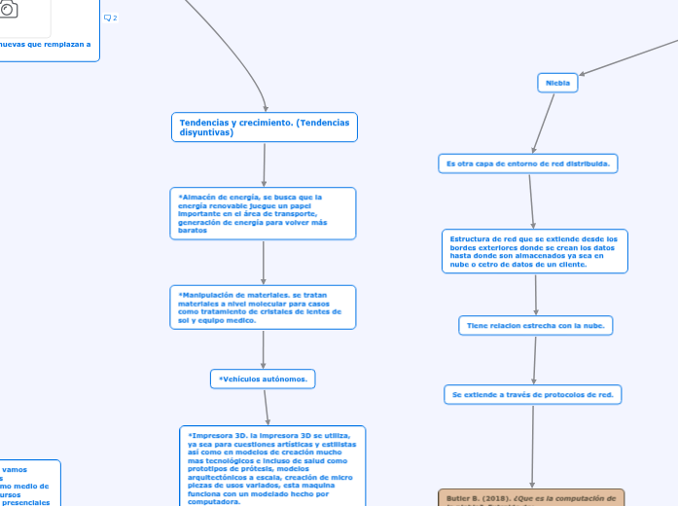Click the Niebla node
click(557, 84)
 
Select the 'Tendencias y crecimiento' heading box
click(265, 127)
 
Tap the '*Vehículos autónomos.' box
click(263, 379)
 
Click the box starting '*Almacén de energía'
click(263, 213)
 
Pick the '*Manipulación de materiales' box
click(263, 307)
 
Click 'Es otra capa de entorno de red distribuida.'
click(528, 163)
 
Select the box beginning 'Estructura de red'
click(534, 251)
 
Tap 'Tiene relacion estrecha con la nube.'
click(535, 326)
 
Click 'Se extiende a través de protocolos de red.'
click(533, 394)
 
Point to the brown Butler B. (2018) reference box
click(531, 498)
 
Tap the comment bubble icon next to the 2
click(107, 18)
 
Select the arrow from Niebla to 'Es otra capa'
click(544, 124)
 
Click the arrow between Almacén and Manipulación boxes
click(264, 262)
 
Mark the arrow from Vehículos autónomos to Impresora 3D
click(267, 408)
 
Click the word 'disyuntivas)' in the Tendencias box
click(206, 132)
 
